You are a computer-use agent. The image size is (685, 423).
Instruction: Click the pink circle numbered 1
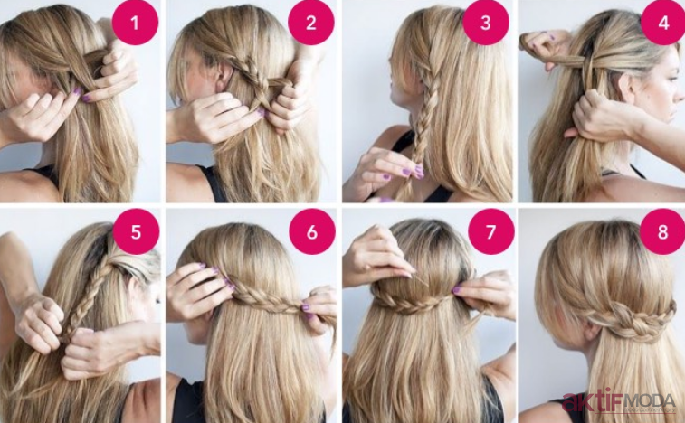tap(135, 23)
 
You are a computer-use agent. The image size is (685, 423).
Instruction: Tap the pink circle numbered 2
tap(311, 23)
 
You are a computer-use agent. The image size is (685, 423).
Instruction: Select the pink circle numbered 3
tap(486, 23)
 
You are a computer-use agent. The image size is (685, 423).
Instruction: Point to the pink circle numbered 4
tap(663, 23)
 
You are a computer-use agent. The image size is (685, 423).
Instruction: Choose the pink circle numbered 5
tap(136, 231)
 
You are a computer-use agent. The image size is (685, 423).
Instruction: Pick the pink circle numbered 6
tap(312, 231)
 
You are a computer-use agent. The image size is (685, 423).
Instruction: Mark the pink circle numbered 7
tap(491, 231)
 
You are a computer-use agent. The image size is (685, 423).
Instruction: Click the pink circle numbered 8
tap(662, 231)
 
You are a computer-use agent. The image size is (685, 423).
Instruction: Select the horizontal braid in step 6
tap(266, 300)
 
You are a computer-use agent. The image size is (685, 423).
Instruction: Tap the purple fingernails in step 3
tap(413, 173)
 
